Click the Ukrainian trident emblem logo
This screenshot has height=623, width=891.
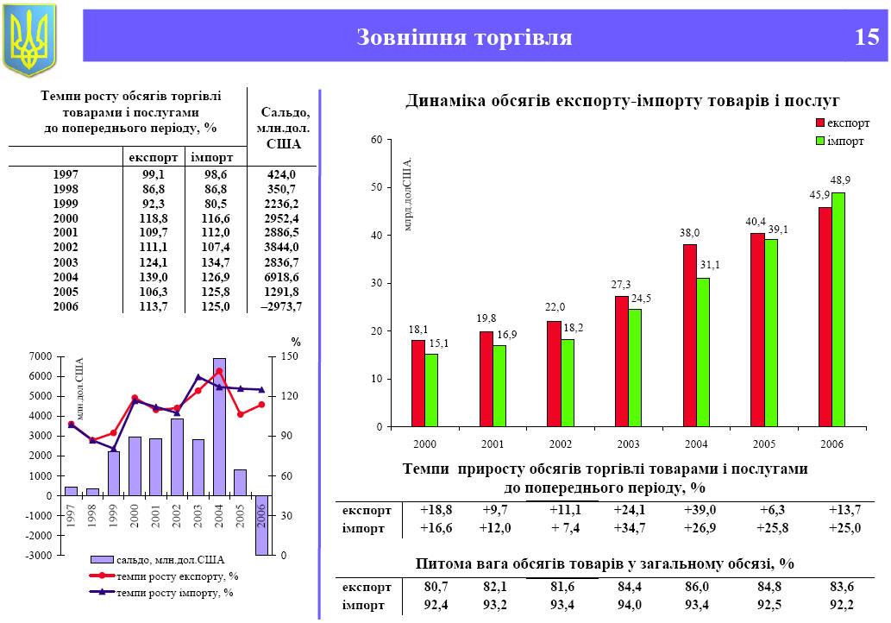29,40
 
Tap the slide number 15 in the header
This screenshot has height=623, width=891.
867,37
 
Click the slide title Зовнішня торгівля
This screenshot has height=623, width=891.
464,37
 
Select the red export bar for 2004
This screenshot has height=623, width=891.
690,335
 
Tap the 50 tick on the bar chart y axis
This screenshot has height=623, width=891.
375,188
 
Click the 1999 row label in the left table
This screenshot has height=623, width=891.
66,204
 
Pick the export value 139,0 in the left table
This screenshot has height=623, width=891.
154,277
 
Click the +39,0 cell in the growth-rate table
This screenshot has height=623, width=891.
700,510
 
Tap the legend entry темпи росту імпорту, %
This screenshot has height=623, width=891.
177,592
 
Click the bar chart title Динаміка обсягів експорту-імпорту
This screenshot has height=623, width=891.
622,101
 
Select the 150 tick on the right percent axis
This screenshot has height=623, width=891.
291,356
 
